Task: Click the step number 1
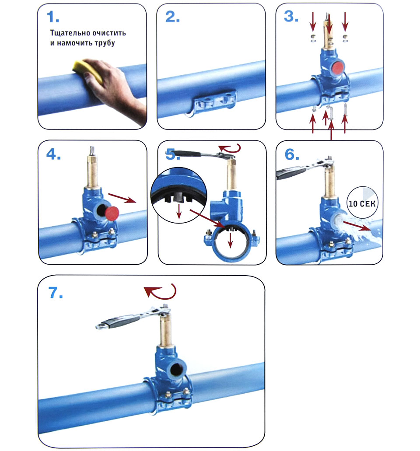[53, 17]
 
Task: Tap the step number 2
[173, 17]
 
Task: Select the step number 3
[291, 16]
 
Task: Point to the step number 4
[54, 154]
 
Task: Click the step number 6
[292, 154]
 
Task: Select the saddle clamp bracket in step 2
[213, 102]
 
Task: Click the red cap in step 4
[112, 213]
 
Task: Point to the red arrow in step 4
[122, 198]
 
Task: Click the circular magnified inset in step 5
[179, 195]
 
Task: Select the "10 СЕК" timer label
[362, 204]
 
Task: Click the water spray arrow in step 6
[356, 226]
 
